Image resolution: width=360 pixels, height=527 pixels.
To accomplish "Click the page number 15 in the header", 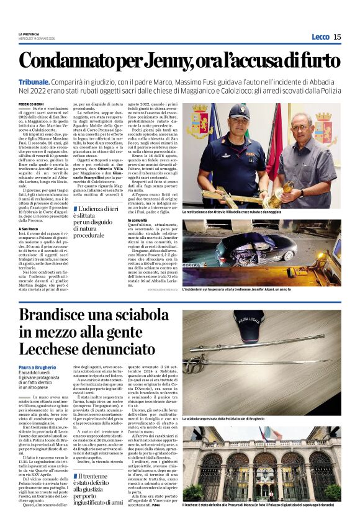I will tap(337, 37).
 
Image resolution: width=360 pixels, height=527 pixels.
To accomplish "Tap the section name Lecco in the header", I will tap(320, 37).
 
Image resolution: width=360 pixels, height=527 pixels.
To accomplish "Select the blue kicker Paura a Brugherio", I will tap(38, 369).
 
